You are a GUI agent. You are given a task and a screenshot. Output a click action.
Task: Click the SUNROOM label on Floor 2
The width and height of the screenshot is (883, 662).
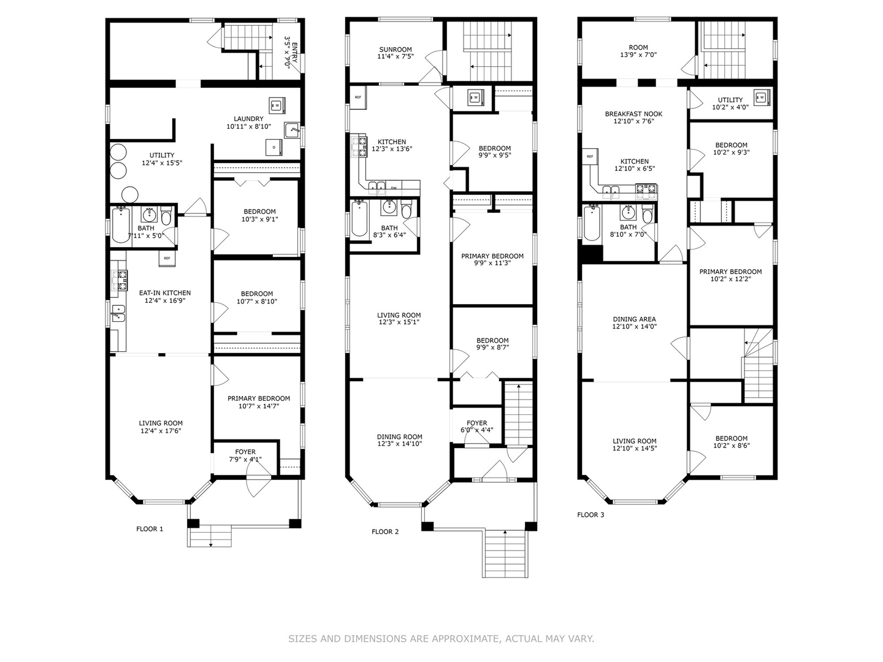point(395,50)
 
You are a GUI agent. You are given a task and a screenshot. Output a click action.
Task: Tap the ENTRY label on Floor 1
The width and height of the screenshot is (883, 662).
point(294,53)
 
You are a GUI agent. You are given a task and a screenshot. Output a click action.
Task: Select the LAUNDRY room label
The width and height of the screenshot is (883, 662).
point(248,118)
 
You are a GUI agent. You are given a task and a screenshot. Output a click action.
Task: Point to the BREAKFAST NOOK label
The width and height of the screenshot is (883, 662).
point(633,114)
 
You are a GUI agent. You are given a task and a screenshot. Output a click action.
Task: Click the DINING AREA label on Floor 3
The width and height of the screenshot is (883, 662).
point(635,319)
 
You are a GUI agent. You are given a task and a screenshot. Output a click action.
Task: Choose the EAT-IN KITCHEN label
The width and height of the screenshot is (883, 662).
point(165,292)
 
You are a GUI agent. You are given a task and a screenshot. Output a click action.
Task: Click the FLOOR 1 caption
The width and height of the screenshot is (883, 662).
point(150,529)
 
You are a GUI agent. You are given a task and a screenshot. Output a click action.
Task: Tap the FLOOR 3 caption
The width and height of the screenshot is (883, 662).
point(591,514)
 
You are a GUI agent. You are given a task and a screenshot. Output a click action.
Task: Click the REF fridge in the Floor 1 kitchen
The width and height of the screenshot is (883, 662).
point(167,259)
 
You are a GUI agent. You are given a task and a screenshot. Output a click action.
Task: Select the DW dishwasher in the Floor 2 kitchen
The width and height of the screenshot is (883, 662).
point(394,188)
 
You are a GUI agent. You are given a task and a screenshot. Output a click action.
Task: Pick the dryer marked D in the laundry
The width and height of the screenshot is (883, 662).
point(274,147)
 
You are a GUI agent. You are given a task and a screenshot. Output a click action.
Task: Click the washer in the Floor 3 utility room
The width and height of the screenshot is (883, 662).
point(762,97)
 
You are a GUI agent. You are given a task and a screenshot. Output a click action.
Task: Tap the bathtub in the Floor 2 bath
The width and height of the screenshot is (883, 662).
point(359,219)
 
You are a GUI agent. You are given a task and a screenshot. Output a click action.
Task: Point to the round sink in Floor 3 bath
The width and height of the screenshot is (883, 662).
point(628,212)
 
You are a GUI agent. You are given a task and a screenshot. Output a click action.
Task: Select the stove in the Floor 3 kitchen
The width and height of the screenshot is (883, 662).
point(646,192)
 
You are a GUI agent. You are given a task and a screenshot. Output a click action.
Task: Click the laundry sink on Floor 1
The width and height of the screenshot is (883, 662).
point(292,130)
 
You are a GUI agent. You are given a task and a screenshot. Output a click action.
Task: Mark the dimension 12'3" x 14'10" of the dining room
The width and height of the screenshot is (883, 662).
point(399,444)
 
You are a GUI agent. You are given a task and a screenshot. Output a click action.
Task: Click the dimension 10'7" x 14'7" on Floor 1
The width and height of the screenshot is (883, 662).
point(259,406)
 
